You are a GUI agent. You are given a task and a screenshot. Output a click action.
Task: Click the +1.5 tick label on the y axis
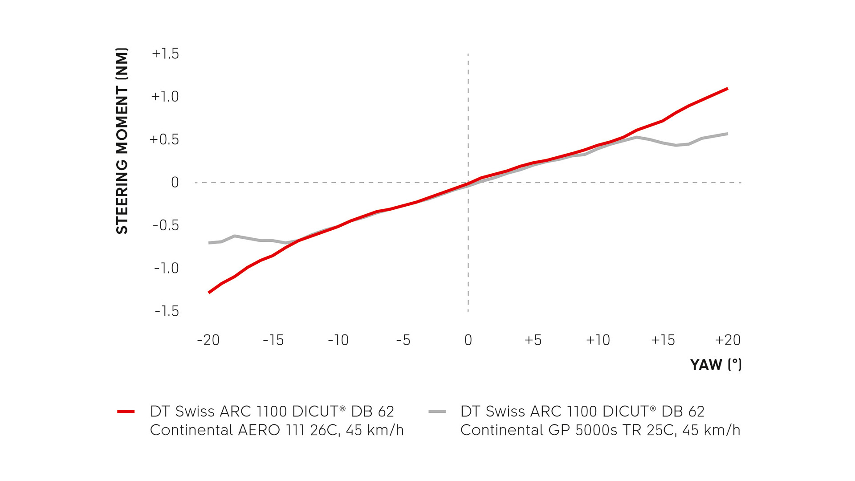pos(165,54)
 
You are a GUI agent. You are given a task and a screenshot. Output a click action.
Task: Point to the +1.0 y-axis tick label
pos(165,97)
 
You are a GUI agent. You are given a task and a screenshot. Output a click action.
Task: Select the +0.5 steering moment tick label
pos(164,139)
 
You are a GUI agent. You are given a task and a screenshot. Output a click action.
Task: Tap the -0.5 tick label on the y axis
pos(166,225)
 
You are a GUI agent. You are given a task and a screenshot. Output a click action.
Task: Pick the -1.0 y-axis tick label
pos(166,268)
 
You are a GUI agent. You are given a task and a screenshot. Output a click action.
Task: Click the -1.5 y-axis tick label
pos(167,311)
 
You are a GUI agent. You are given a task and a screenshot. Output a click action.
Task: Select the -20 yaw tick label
pos(208,340)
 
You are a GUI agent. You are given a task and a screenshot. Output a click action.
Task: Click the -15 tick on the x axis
pos(273,340)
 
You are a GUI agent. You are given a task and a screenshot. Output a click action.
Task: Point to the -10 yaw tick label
pos(338,340)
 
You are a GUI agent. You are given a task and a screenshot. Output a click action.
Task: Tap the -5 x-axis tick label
pos(403,340)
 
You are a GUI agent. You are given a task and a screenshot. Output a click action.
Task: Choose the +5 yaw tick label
pos(533,340)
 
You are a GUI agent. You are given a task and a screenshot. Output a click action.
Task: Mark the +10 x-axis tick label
pos(598,340)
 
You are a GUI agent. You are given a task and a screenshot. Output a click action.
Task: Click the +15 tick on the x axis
pos(663,340)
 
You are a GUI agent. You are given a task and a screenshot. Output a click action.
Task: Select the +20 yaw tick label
pos(728,340)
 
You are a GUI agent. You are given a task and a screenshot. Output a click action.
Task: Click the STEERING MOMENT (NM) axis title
pos(122,141)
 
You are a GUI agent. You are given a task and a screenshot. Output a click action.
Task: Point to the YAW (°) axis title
pos(716,365)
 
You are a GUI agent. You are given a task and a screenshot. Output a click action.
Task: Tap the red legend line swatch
pos(126,412)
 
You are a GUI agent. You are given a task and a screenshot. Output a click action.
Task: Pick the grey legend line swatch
pos(437,412)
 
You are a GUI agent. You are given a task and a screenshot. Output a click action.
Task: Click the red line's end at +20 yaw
pos(727,89)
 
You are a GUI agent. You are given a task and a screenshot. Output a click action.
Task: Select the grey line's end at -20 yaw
pos(209,243)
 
